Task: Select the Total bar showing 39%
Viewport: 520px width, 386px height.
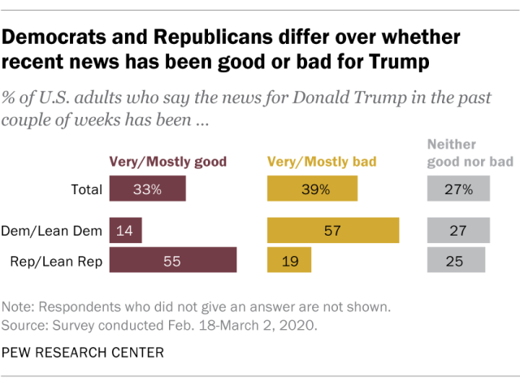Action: (x=312, y=189)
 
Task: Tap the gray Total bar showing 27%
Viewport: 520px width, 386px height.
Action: (x=458, y=189)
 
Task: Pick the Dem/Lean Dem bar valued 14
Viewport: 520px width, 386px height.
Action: (x=125, y=231)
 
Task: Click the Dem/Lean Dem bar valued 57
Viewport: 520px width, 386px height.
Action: (x=333, y=231)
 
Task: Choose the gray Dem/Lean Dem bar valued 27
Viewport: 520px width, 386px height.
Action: (x=458, y=231)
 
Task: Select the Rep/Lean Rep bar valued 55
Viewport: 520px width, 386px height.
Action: (x=172, y=260)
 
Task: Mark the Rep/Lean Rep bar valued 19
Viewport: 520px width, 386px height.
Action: (x=288, y=260)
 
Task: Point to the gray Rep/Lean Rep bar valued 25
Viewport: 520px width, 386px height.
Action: (x=456, y=260)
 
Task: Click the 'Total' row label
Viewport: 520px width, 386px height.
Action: (x=87, y=190)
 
